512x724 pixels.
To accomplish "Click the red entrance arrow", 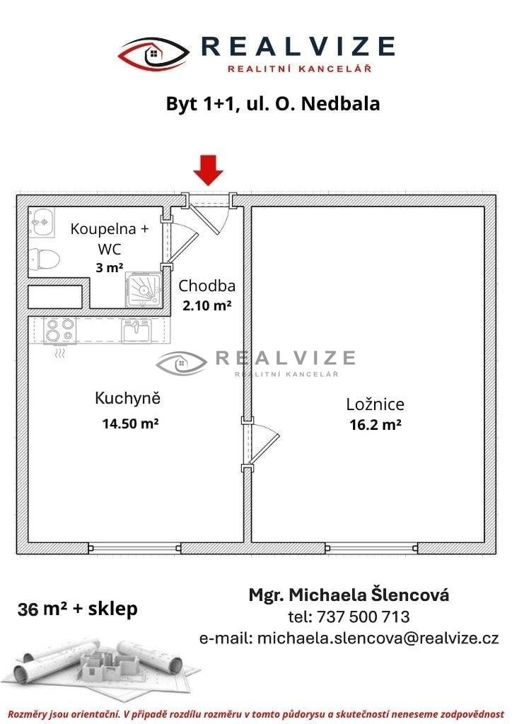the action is [208, 170].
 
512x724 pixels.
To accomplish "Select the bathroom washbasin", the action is [42, 222].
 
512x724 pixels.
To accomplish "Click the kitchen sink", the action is [136, 330].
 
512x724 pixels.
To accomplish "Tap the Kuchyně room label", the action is [127, 398].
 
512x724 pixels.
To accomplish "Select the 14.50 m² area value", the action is [131, 424].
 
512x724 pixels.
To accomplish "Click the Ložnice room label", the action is [376, 404].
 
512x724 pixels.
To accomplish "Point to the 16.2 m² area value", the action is [376, 424].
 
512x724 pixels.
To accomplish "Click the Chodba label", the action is [206, 286].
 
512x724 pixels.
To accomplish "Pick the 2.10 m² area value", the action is [206, 305].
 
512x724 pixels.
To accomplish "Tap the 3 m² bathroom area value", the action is [110, 267].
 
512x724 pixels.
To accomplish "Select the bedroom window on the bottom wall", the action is [372, 548].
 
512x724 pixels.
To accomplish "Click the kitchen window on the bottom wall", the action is [134, 548].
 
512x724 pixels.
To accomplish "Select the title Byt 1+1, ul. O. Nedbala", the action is [273, 104].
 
